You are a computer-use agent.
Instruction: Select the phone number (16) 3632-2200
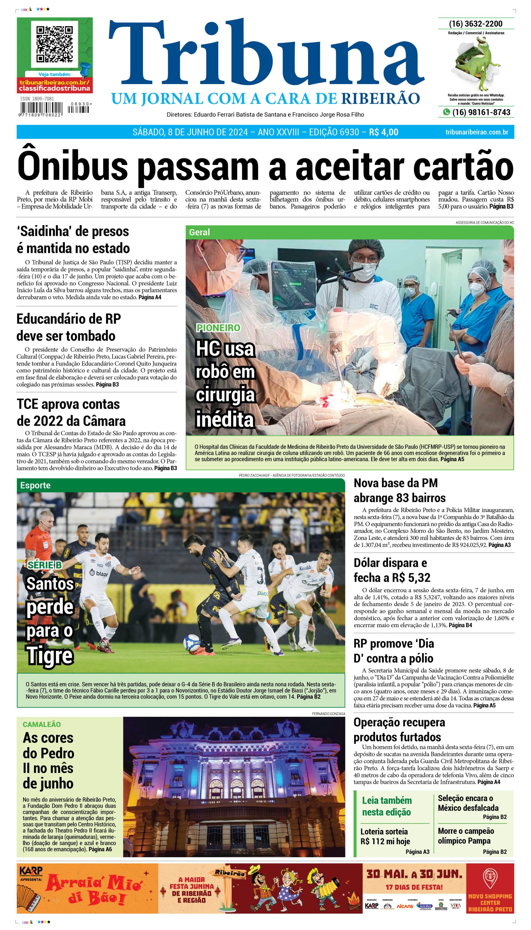pos(476,24)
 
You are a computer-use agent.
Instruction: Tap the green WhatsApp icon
pos(446,112)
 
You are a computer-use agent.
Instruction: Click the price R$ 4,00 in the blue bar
pos(383,132)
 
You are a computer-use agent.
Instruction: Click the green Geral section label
pos(199,232)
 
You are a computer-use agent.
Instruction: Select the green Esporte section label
pos(35,485)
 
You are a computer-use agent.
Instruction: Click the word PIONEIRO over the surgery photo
pos(218,328)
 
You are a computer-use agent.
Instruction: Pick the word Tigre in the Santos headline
pos(50,656)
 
